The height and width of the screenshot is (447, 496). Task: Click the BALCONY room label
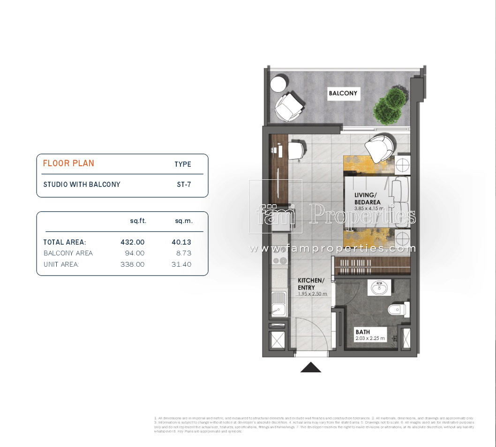point(343,93)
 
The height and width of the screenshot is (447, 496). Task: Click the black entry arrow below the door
point(310,367)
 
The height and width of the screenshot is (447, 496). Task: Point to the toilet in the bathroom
point(399,309)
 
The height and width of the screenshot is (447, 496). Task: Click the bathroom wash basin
point(381,287)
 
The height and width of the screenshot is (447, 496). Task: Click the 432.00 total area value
point(133,242)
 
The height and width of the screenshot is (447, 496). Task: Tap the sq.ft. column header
point(138,221)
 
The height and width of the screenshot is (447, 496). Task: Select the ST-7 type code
point(182,185)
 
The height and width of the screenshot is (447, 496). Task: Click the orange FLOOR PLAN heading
point(68,163)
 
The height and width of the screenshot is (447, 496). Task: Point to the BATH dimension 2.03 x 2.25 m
point(370,338)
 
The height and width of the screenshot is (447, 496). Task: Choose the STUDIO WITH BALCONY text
point(82,185)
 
